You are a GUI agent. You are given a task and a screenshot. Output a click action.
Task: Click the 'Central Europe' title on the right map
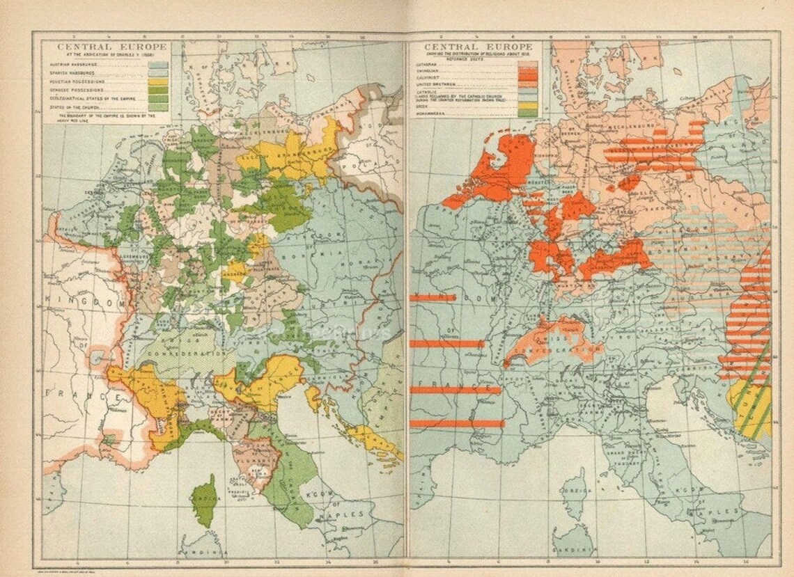[x=474, y=47]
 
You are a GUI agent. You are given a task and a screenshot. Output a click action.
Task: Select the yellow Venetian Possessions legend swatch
[x=159, y=81]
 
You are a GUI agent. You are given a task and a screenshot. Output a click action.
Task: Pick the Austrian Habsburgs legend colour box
[x=159, y=64]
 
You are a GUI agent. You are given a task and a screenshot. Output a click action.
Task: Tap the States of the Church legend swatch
[x=159, y=106]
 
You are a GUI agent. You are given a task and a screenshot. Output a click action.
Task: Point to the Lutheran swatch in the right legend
[x=527, y=65]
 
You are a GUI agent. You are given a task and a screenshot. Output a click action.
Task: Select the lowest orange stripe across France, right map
[x=457, y=423]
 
